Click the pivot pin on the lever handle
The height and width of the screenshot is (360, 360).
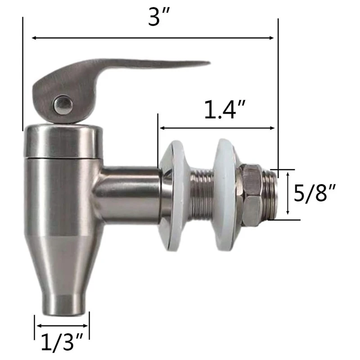[x=62, y=105]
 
